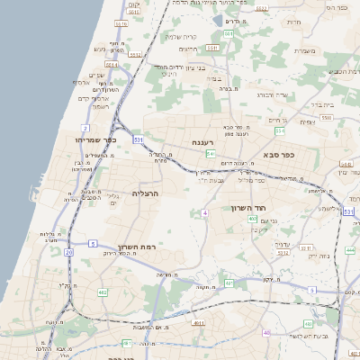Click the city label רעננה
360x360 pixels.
tap(202, 142)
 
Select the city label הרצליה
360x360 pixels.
tap(145, 193)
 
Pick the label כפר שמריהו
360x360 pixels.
tap(97, 140)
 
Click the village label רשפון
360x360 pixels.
tap(100, 106)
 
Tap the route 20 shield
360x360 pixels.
tap(68, 252)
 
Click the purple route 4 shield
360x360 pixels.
tap(205, 212)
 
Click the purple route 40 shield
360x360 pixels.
tap(265, 333)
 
